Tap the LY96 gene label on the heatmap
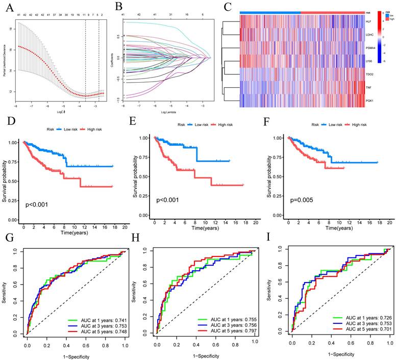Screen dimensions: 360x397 coord(367,61)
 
